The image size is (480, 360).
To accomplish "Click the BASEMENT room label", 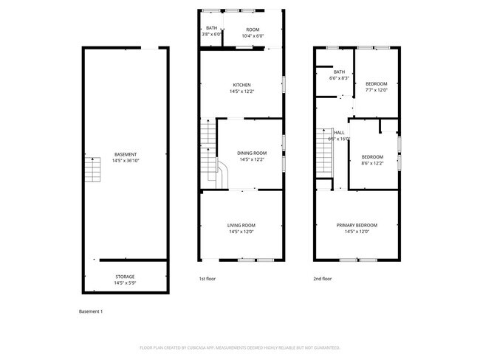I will [x=125, y=153].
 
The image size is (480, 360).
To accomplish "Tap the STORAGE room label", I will [x=125, y=277].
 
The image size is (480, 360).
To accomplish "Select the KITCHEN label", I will [x=242, y=85].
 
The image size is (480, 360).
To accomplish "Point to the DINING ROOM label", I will [x=252, y=153].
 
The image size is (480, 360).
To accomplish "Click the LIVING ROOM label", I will [x=241, y=225].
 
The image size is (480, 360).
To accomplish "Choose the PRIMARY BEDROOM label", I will [x=357, y=225].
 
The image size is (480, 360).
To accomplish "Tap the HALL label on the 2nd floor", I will [x=339, y=133].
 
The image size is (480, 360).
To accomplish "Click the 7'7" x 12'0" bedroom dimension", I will [x=377, y=91].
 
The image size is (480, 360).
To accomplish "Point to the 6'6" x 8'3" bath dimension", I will [x=339, y=77].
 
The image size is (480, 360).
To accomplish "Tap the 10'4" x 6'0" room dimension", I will [x=253, y=35].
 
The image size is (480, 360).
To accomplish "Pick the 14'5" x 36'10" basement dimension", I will [x=125, y=160].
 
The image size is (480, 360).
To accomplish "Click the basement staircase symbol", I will [x=92, y=171].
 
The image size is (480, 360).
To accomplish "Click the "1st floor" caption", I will [x=208, y=279].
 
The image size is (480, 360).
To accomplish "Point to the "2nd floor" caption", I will [x=323, y=279].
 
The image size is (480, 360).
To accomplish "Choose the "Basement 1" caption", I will [x=91, y=311].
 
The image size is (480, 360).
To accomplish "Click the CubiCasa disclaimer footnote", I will [x=240, y=347].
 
